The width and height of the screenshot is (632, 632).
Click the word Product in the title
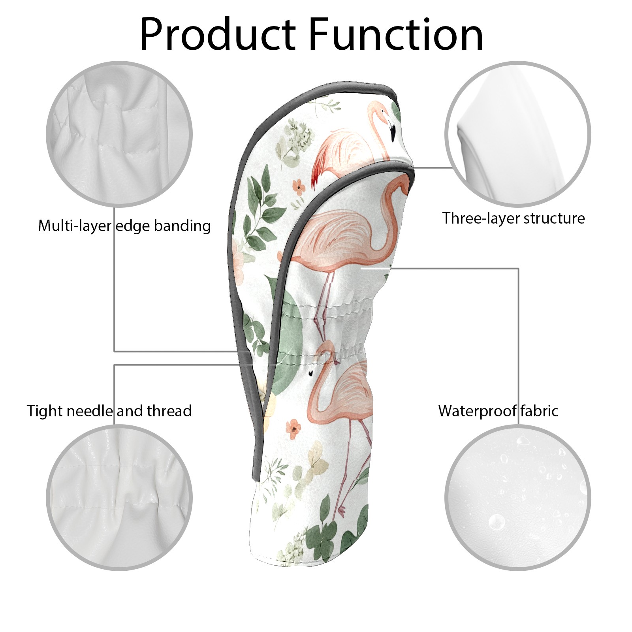[218, 35]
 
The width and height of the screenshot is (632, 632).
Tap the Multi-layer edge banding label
[124, 226]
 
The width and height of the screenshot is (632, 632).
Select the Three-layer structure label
[513, 218]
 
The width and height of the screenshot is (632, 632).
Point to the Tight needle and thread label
[109, 411]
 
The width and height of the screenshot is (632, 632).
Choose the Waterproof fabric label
[498, 411]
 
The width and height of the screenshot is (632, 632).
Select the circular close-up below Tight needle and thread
[119, 498]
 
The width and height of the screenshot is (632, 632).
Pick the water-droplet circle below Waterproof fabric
[517, 498]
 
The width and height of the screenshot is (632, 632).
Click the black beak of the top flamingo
[393, 132]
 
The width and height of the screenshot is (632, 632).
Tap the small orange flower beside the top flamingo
[299, 186]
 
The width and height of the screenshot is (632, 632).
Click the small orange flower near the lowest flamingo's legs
[293, 429]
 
